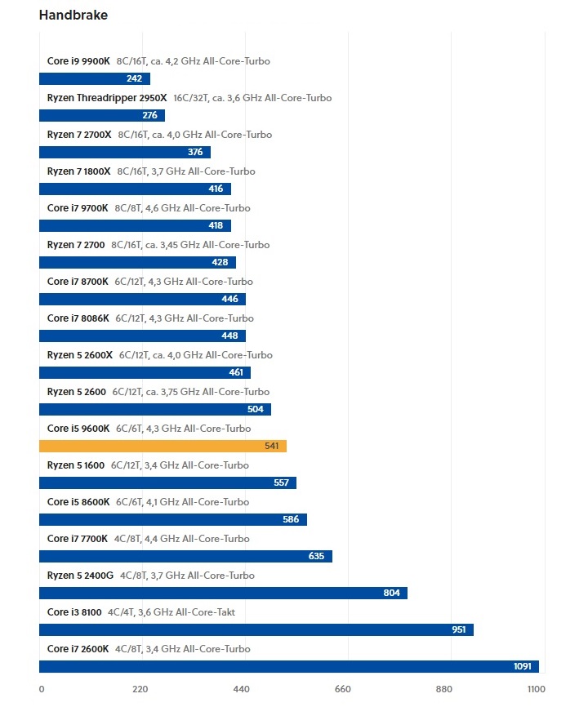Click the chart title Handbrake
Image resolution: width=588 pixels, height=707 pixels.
click(x=73, y=16)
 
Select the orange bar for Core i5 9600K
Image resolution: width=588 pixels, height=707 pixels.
click(x=163, y=447)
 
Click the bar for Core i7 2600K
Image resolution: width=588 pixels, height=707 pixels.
click(x=288, y=667)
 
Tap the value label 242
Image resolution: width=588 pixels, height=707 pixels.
click(x=134, y=79)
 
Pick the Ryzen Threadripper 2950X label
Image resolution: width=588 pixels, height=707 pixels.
click(x=107, y=98)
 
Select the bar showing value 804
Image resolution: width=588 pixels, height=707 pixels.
click(x=223, y=594)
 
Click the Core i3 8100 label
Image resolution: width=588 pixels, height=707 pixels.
click(x=74, y=612)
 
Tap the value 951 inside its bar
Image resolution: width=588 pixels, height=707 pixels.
click(x=459, y=630)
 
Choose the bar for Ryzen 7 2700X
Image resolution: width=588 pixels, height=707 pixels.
click(x=124, y=153)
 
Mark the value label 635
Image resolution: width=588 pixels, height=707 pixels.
click(x=316, y=557)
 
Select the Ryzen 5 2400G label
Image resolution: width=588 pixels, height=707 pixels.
click(x=81, y=576)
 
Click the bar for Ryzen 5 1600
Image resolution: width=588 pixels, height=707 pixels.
click(x=167, y=483)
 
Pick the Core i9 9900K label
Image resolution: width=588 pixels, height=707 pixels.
click(x=78, y=61)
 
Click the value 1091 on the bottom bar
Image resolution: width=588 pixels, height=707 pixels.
click(x=523, y=667)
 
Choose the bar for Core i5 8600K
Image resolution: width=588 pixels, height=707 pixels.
click(x=173, y=520)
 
